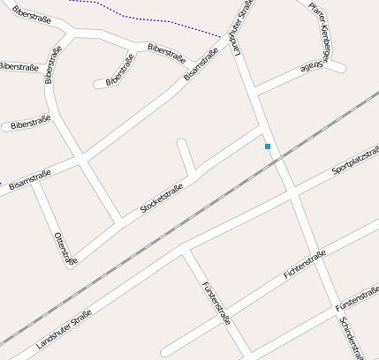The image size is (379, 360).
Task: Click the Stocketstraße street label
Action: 162,199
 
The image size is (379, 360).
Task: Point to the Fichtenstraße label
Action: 305,265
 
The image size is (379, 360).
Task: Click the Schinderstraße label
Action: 351,337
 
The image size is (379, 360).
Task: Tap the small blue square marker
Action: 268,146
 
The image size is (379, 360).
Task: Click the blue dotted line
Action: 141,18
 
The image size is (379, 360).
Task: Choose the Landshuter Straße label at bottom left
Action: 64,328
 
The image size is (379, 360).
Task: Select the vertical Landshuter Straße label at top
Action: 240,26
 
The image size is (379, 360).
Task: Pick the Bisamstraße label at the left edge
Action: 28,181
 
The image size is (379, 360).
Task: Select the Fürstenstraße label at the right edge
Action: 357,303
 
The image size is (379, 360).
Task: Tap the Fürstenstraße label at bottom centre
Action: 216,304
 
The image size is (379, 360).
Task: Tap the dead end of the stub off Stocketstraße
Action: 181,142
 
